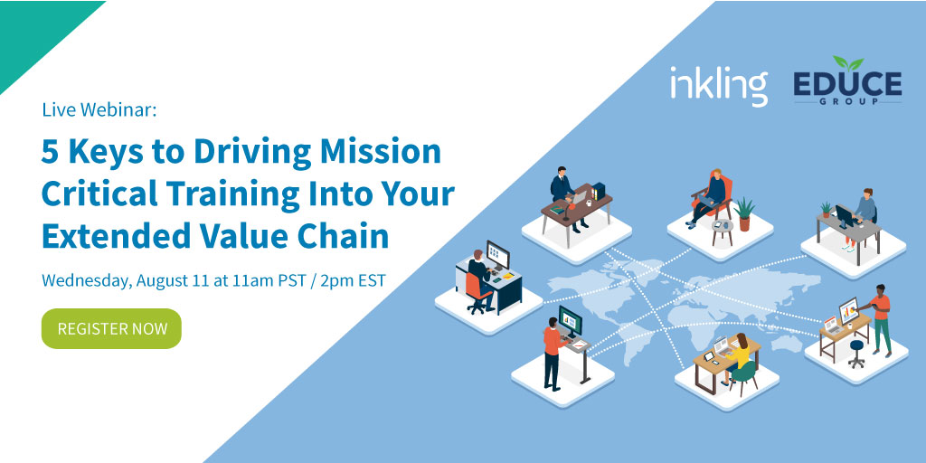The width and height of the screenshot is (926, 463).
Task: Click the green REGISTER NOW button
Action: (111, 328)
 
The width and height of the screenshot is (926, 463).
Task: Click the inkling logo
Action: (718, 85)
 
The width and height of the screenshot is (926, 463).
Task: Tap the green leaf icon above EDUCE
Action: (847, 63)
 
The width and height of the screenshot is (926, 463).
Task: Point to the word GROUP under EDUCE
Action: (847, 102)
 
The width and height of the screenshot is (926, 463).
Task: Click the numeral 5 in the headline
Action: (51, 152)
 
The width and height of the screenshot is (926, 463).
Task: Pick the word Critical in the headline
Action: (99, 194)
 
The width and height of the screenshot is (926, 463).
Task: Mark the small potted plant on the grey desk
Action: (825, 209)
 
